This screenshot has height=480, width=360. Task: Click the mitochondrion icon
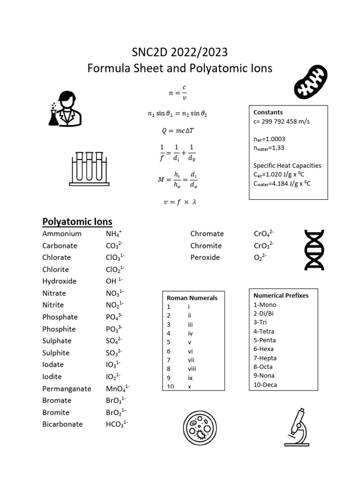[x=310, y=82]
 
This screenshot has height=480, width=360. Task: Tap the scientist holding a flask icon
[x=65, y=109]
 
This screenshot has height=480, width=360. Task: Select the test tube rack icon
[x=87, y=168]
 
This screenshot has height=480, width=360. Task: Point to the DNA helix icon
[x=315, y=250]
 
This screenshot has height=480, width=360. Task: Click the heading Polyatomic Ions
[x=77, y=221]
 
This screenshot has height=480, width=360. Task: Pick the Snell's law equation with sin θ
[x=177, y=113]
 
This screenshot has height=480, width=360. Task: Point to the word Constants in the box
[x=268, y=112]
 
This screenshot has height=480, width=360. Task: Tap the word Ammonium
[x=62, y=233]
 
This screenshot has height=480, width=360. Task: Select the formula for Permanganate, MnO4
[x=118, y=389]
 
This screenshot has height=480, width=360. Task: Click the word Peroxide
[x=205, y=257]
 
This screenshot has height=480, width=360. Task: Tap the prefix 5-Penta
[x=265, y=340]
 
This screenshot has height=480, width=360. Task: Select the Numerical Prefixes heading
[x=281, y=295]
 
